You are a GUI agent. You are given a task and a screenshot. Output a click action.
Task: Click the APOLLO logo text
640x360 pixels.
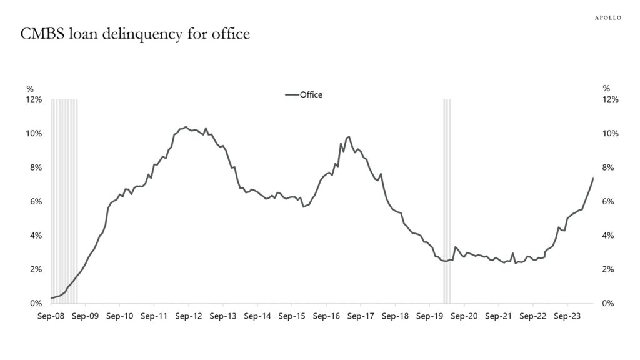tap(607, 18)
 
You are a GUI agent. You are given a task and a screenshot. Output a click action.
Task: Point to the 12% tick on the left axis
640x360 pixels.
tap(34, 99)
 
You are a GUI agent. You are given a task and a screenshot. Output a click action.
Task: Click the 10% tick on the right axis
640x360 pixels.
tap(610, 134)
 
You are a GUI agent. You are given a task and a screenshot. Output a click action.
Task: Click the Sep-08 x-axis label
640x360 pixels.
tap(51, 316)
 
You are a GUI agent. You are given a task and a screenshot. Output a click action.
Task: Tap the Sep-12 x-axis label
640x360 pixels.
tap(188, 316)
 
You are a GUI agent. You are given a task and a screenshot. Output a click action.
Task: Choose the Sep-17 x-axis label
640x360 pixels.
tap(359, 316)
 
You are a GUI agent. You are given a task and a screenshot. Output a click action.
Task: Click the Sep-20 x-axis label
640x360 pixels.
tap(462, 316)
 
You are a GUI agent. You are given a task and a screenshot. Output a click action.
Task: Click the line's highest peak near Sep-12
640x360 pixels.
tap(186, 126)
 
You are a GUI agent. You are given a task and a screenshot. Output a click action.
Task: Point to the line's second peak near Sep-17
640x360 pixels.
tap(348, 136)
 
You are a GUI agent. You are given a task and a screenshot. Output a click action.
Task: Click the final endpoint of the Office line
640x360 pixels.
tap(593, 178)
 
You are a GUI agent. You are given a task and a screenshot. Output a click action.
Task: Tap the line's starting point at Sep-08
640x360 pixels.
tap(51, 298)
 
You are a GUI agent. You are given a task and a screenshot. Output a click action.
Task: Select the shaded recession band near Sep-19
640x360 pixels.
tap(447, 200)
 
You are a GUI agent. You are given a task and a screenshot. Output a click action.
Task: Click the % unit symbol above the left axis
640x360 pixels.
tap(29, 88)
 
